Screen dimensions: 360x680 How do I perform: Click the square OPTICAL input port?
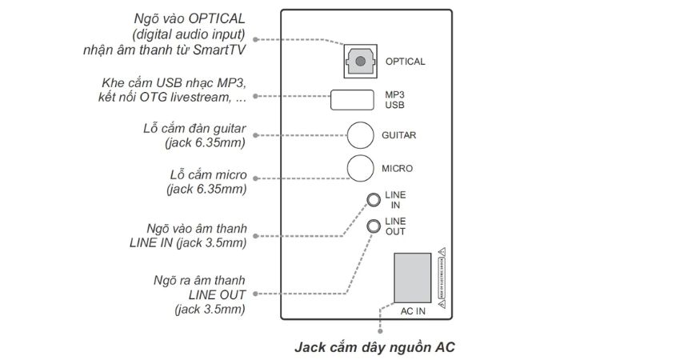[x=360, y=61]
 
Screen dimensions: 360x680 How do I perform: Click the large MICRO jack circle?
[x=361, y=168]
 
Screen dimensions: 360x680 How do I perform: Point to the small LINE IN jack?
[x=373, y=199]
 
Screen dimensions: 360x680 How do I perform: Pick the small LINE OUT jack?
[x=373, y=226]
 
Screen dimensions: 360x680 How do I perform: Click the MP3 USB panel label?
[x=397, y=100]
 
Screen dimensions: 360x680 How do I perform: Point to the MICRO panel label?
[x=398, y=169]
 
